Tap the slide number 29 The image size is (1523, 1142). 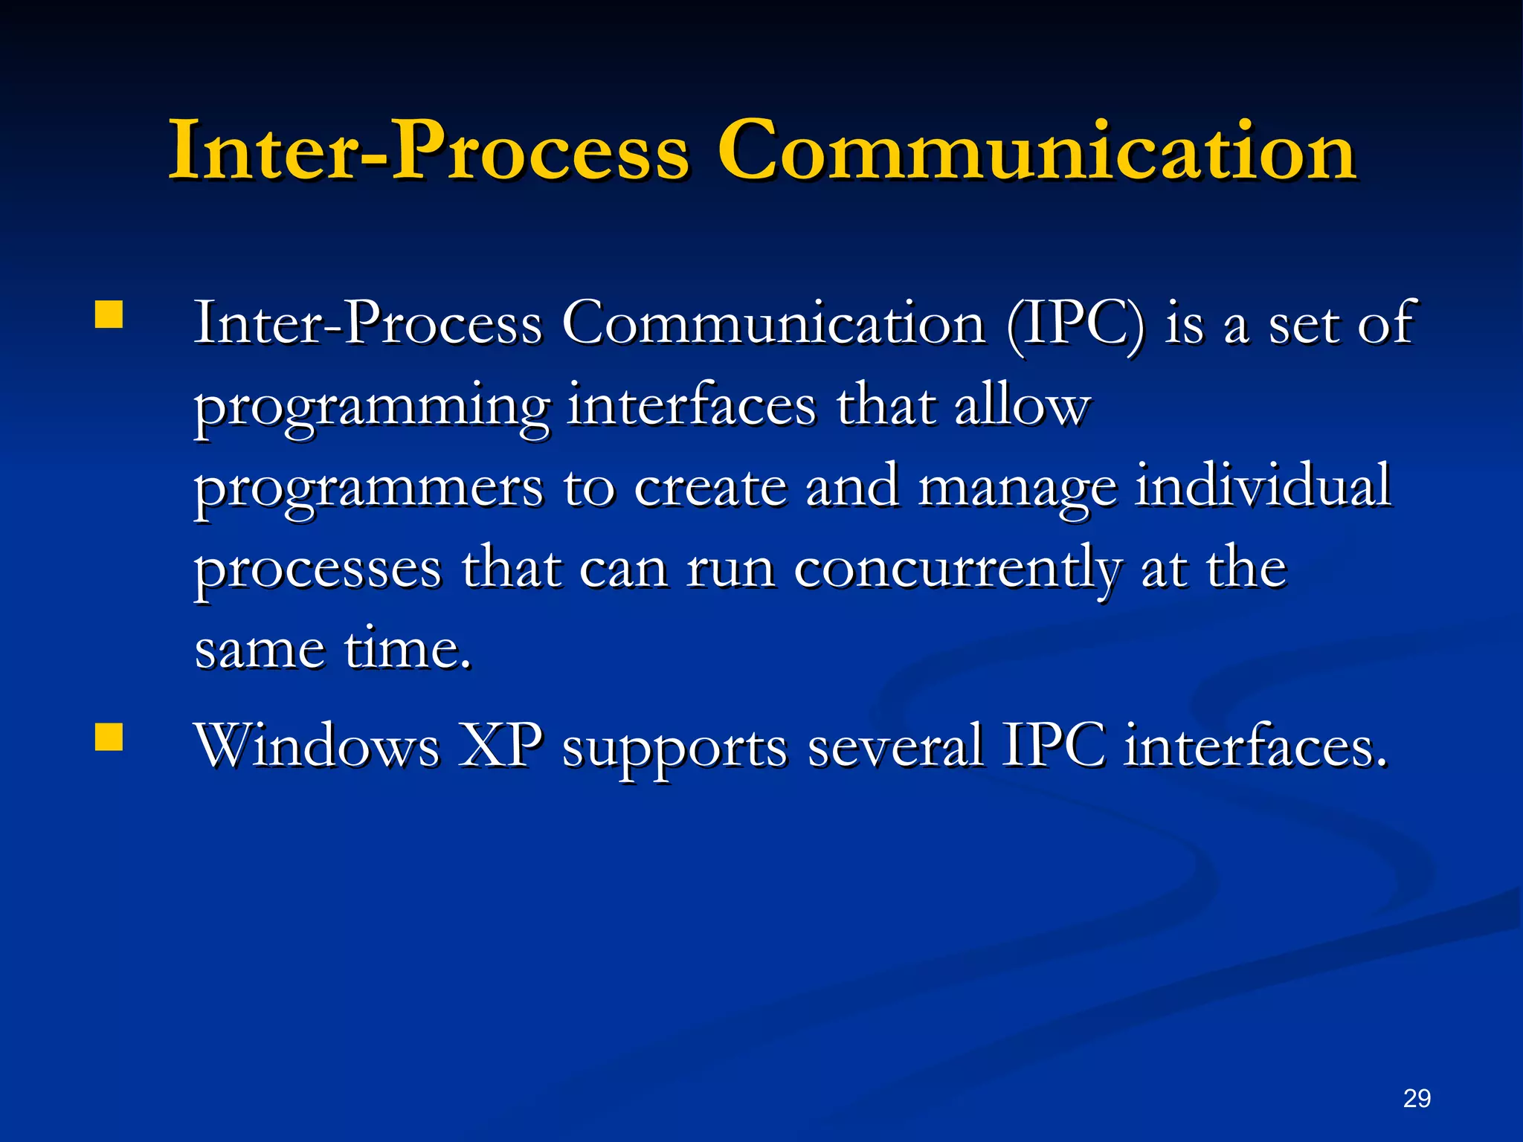click(x=1417, y=1098)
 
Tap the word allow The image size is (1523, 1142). click(x=1022, y=406)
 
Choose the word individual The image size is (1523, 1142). click(x=1262, y=486)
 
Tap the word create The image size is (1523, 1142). click(x=710, y=488)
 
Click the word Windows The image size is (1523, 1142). click(x=317, y=746)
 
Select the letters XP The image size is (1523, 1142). click(x=500, y=746)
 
